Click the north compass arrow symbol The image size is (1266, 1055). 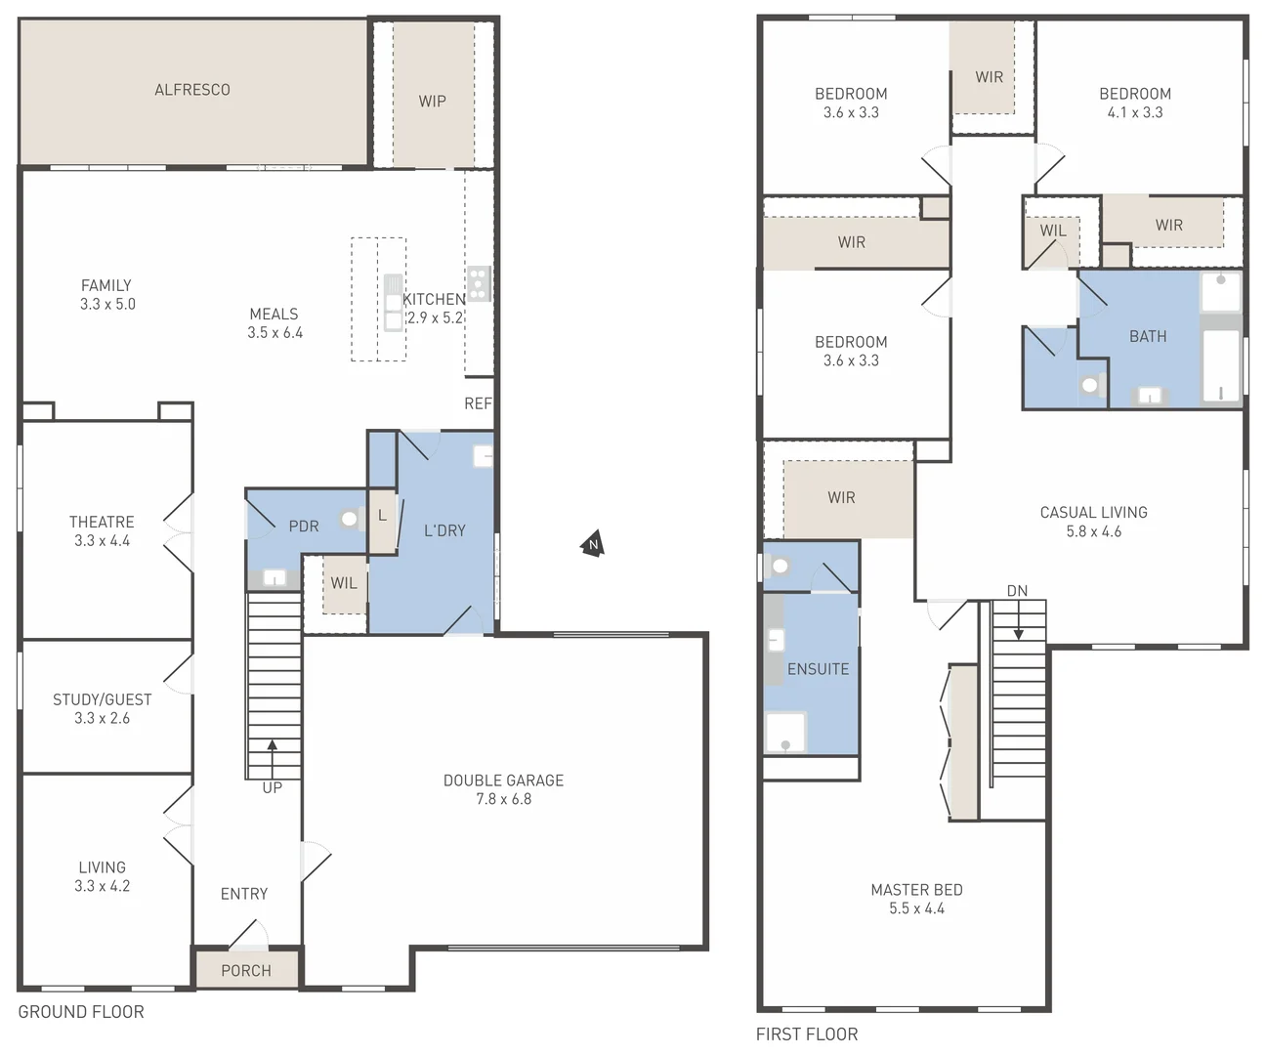tap(592, 545)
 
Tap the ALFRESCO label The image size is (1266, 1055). tap(192, 90)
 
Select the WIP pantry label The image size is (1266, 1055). tap(432, 102)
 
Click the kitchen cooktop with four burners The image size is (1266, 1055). tap(478, 283)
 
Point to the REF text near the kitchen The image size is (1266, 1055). tap(478, 403)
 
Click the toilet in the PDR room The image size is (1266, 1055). tap(350, 520)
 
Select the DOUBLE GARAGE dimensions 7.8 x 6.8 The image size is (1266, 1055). tap(503, 799)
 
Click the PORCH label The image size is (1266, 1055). tap(246, 970)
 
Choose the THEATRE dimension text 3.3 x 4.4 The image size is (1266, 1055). tap(102, 540)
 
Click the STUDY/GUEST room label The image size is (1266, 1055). tap(102, 699)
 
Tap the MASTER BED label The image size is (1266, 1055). tap(916, 890)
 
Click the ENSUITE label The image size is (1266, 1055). tap(818, 669)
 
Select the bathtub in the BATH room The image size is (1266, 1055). tap(1220, 366)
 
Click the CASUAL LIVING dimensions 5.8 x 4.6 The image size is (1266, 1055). tap(1093, 531)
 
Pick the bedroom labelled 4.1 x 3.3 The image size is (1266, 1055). tap(1134, 103)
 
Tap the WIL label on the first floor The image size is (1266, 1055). tap(1052, 231)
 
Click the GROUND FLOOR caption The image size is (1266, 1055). tap(81, 1012)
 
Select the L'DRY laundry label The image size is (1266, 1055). tap(444, 530)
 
